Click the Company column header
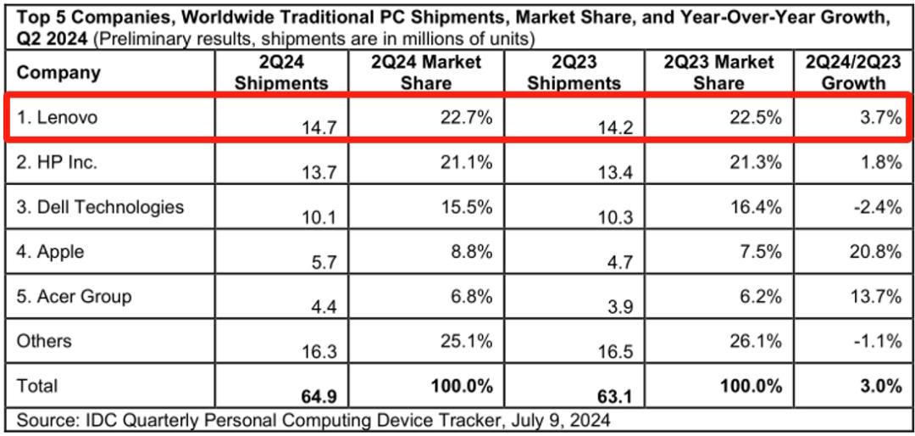point(58,73)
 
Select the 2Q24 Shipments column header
point(281,72)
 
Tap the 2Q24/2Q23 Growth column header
point(853,72)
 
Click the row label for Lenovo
point(57,117)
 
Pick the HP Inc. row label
point(57,162)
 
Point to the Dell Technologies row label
point(100,207)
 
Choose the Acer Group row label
point(74,296)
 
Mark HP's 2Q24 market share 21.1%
point(464,162)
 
